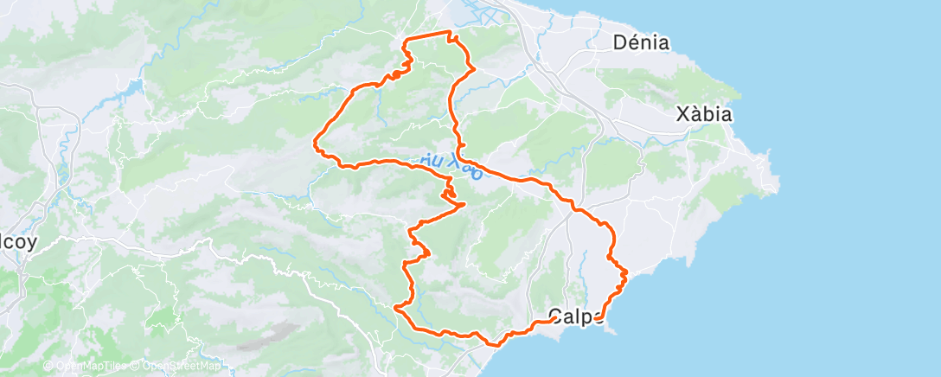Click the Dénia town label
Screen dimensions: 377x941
click(640, 42)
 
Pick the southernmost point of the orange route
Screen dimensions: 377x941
click(496, 344)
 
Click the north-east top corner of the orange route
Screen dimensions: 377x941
click(450, 32)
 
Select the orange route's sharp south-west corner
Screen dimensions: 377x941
click(395, 307)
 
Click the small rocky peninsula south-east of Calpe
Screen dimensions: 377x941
click(611, 329)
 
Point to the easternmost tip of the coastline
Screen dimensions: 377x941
click(778, 182)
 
